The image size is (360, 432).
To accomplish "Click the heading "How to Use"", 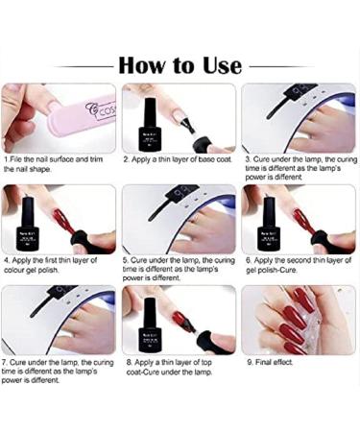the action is (x=180, y=65).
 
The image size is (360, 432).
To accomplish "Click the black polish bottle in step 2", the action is (x=148, y=124).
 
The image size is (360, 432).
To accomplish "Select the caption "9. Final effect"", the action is (x=270, y=362).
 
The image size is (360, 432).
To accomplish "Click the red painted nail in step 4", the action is (x=60, y=218).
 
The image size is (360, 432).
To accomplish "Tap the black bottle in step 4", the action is (x=28, y=225).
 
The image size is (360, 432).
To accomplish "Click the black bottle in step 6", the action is (x=269, y=225).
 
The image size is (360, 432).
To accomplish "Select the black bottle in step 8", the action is (x=148, y=325).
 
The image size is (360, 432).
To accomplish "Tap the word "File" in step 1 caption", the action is (x=16, y=159).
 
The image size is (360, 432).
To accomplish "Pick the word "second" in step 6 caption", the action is (x=299, y=260).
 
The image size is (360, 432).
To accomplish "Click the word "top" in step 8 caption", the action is (x=206, y=363).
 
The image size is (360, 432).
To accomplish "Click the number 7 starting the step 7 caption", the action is (x=4, y=363).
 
